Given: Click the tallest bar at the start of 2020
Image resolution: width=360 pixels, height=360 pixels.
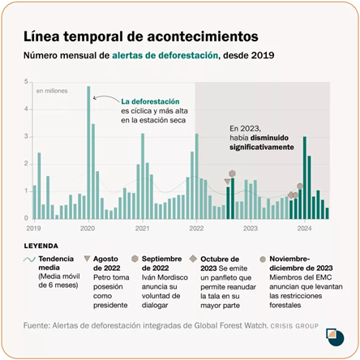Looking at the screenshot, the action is click(x=88, y=152).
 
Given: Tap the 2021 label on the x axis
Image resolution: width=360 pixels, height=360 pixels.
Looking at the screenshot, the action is click(x=142, y=229).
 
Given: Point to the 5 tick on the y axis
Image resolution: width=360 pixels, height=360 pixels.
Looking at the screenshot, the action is click(x=26, y=82).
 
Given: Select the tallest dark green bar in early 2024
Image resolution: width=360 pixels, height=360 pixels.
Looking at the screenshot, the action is click(x=305, y=178).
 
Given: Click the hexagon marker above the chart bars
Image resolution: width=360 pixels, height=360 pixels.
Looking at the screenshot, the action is click(x=232, y=174).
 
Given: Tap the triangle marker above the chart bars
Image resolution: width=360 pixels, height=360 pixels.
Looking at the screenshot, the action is click(x=227, y=182).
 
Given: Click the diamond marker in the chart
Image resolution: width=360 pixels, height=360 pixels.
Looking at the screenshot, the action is click(x=291, y=195).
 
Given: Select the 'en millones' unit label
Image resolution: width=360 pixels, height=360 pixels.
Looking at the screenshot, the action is click(x=52, y=91).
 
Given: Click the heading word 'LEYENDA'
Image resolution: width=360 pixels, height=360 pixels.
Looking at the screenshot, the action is click(x=41, y=246).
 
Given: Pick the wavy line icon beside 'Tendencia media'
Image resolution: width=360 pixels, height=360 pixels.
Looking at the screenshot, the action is click(x=29, y=259).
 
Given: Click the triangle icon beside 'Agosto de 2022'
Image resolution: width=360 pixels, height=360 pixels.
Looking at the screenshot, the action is click(x=87, y=259).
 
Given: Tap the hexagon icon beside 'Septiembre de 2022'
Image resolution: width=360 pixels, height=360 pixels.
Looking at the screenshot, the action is click(x=135, y=259).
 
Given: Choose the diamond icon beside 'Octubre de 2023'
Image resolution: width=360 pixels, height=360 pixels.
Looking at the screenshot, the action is click(x=193, y=259).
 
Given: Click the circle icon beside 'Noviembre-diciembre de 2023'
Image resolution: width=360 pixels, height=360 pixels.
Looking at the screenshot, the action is click(x=263, y=259).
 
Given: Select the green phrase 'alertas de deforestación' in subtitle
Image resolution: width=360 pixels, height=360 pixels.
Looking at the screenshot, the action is click(x=165, y=55).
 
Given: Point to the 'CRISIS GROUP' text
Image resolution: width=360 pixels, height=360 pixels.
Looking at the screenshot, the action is click(x=294, y=326).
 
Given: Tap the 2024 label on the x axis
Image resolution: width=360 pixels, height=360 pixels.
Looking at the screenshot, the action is click(x=304, y=229).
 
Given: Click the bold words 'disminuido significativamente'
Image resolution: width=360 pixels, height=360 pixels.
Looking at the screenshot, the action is click(x=262, y=143).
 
